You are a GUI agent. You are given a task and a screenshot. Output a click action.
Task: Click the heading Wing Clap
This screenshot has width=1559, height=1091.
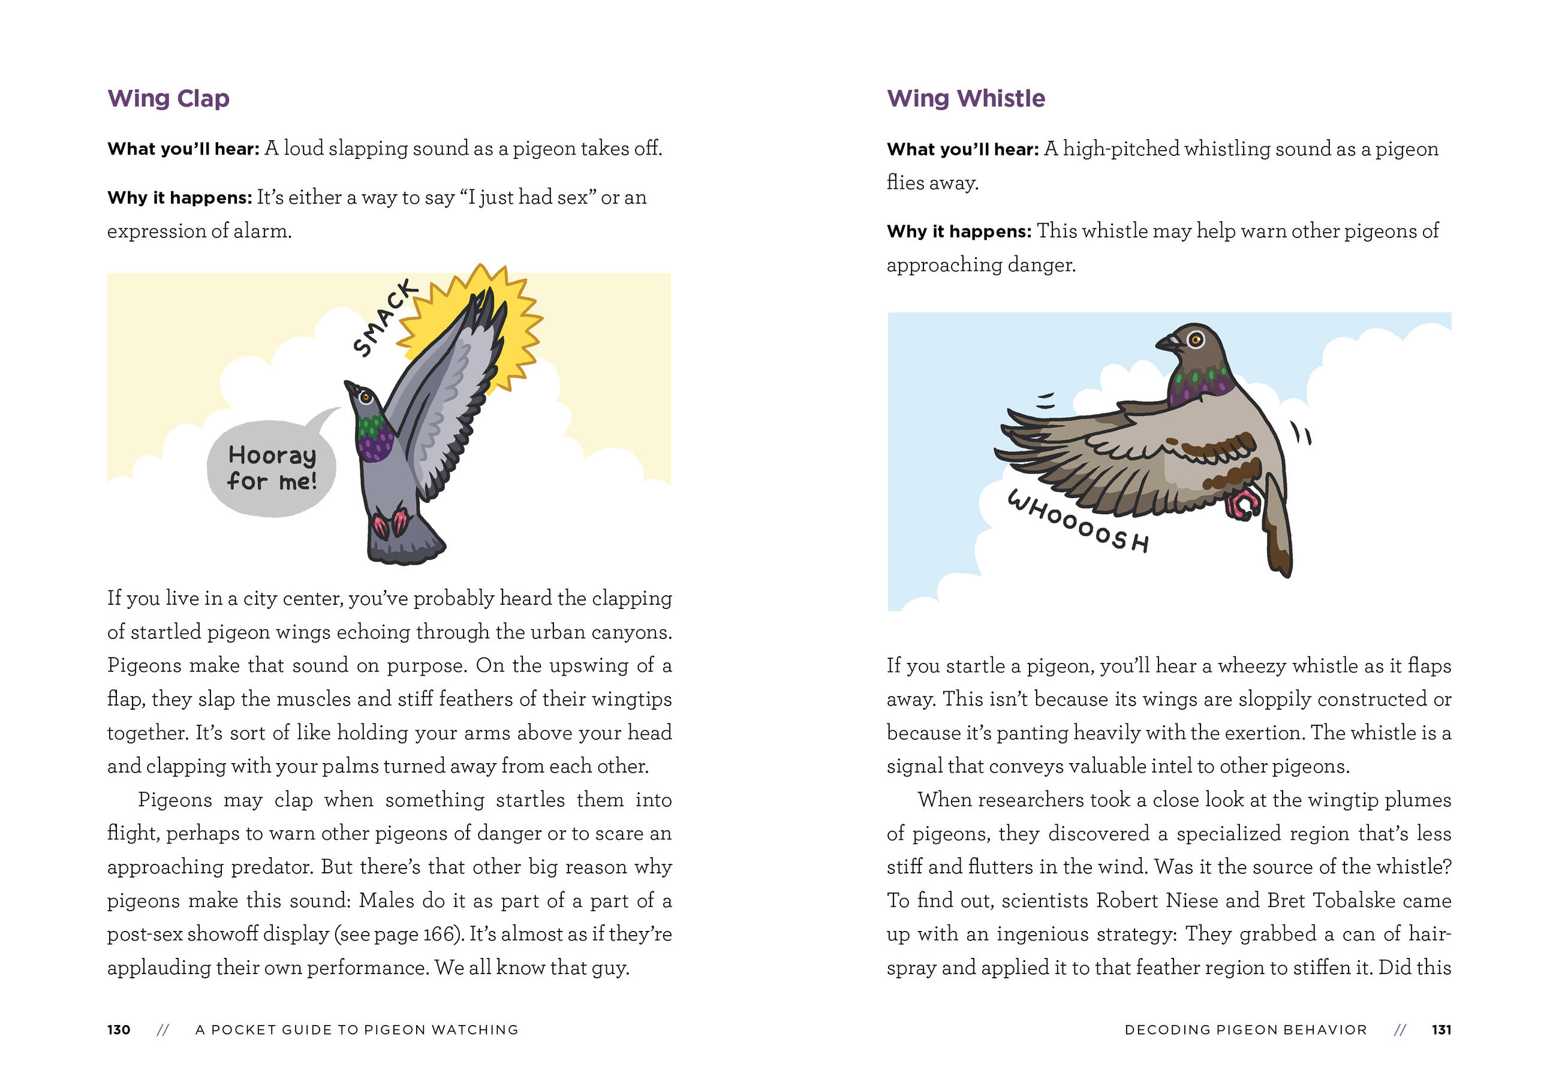(x=168, y=99)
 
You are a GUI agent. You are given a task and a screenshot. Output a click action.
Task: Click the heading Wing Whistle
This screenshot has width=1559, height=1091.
(x=965, y=99)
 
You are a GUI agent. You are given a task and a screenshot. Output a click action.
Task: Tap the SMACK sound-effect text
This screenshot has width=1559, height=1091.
(x=384, y=318)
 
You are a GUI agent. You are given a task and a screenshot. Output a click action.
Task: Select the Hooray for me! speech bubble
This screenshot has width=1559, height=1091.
(x=272, y=468)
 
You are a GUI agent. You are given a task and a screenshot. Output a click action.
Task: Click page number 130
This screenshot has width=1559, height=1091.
(x=119, y=1030)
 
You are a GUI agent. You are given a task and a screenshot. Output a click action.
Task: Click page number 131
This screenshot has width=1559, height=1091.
(x=1441, y=1030)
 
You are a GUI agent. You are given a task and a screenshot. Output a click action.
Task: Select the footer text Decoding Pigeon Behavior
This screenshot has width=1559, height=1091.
(x=1245, y=1030)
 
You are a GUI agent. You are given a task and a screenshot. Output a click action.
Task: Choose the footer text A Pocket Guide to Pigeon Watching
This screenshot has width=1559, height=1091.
(x=357, y=1030)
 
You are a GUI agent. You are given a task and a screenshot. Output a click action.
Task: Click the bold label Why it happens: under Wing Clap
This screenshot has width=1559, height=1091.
(x=179, y=198)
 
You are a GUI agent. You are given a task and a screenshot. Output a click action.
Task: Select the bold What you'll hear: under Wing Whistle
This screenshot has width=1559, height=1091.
(x=962, y=149)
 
